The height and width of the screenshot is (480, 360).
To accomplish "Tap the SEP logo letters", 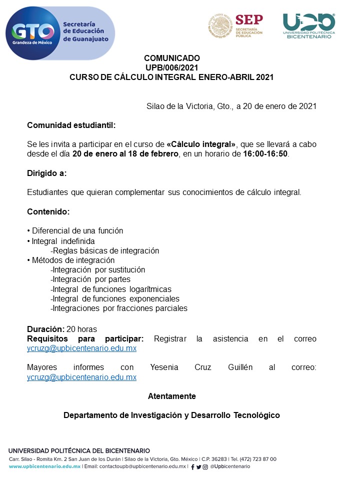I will click(x=248, y=20).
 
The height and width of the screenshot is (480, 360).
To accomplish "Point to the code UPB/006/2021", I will click(x=171, y=67).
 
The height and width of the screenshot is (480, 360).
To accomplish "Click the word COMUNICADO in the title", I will click(x=171, y=58).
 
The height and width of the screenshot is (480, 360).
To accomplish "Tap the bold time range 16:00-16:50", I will click(x=265, y=154).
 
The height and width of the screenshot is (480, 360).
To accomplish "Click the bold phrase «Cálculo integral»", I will click(x=201, y=144).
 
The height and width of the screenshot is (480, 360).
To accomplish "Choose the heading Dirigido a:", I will click(x=46, y=173).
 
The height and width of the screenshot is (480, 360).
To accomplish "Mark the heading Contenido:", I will click(x=48, y=211).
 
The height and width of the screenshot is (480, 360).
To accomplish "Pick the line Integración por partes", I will click(x=91, y=279).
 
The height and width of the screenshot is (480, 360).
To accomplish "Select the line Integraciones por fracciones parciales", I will click(x=119, y=308).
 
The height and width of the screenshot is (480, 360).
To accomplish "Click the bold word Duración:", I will click(x=45, y=329).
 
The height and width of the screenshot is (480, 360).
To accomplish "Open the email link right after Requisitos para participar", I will click(x=81, y=348).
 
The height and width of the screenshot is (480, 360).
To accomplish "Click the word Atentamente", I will click(x=171, y=396).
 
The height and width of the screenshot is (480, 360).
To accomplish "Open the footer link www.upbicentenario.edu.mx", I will click(x=44, y=466).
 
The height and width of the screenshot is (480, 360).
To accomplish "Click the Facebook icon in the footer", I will click(x=193, y=467).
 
